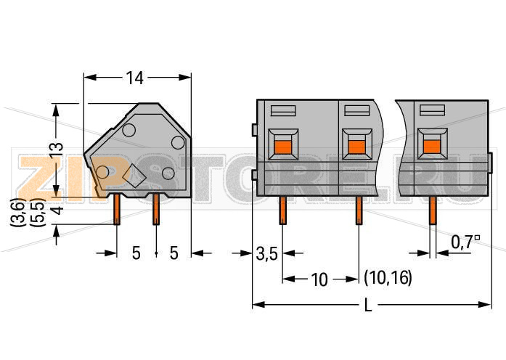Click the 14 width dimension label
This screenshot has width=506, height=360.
134,78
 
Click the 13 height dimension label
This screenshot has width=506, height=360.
56,150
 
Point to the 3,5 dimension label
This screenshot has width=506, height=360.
266,254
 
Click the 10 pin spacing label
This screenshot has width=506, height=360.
319,279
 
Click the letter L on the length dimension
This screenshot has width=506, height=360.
368,305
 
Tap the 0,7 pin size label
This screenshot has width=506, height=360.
465,242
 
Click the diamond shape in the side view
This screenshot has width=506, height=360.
134,175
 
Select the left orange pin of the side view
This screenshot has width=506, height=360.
117,209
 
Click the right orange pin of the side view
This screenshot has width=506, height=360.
156,209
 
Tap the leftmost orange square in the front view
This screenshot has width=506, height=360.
282,147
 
